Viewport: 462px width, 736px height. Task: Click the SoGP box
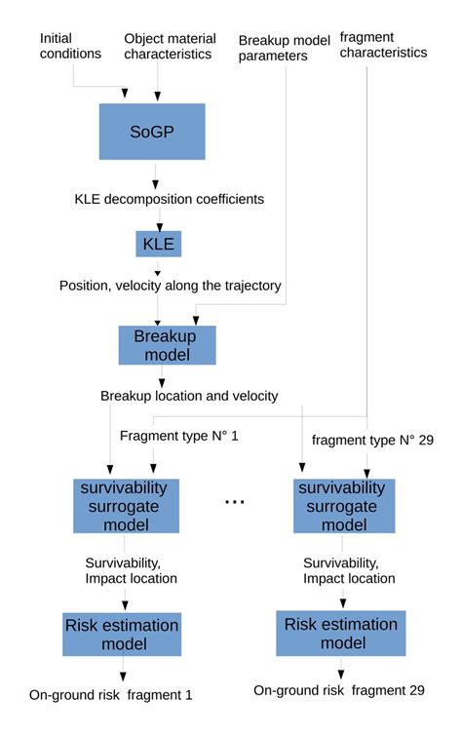[x=151, y=132]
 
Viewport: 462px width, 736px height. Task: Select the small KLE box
[x=158, y=244]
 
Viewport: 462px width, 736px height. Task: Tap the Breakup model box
[x=167, y=345]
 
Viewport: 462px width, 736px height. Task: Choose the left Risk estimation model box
[x=122, y=634]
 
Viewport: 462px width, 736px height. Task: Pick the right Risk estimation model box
[x=340, y=634]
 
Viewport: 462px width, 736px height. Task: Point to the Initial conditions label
[x=70, y=46]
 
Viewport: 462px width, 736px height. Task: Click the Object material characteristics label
[x=168, y=46]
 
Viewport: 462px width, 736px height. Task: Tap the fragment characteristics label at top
[x=382, y=45]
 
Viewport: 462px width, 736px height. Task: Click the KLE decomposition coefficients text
[x=169, y=199]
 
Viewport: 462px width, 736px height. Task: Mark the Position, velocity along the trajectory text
[x=171, y=286]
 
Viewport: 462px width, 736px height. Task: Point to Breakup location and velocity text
[x=189, y=396]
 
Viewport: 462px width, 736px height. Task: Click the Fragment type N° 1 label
[x=178, y=436]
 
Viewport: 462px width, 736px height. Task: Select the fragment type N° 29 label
[x=372, y=441]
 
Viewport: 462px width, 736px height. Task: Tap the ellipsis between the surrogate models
[x=235, y=501]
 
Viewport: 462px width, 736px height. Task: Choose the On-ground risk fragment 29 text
[x=339, y=690]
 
